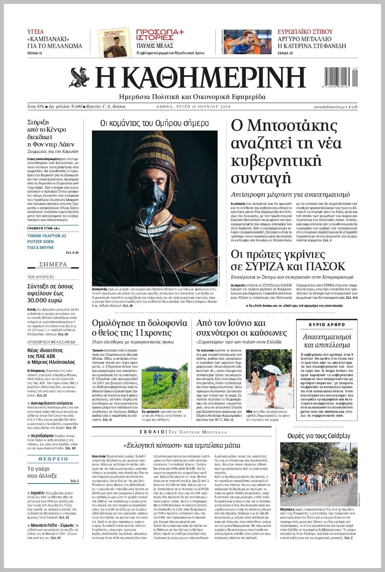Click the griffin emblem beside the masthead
tap(80, 77)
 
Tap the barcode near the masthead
tap(341, 77)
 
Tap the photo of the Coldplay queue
tap(319, 474)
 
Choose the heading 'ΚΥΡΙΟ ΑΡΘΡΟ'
tap(327, 325)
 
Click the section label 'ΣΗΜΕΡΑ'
tap(53, 264)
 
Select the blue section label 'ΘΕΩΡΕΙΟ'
tap(53, 459)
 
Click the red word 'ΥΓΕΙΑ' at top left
tap(35, 32)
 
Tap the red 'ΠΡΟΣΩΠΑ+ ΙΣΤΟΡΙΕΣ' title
tap(160, 35)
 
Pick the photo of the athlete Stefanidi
tap(247, 42)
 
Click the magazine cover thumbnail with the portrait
tap(114, 42)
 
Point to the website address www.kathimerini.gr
tap(329, 107)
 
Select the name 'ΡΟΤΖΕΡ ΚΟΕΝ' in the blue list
tap(41, 242)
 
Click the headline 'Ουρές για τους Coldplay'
tap(319, 436)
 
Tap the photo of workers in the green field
tap(165, 386)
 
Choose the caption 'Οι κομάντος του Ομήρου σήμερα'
tap(155, 123)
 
